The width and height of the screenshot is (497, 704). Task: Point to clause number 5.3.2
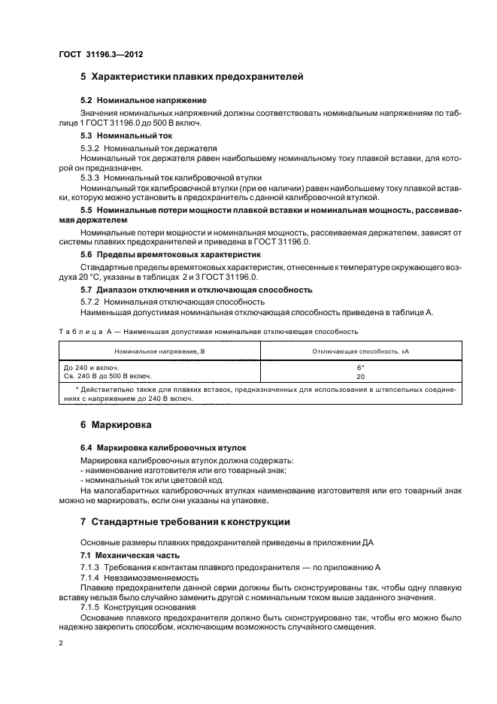tap(91, 148)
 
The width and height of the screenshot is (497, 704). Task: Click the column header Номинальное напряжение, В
tap(159, 350)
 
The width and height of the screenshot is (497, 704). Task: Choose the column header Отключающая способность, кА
tap(360, 350)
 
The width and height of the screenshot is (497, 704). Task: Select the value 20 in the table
tap(360, 376)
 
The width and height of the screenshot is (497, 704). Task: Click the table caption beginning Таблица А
tap(208, 330)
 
